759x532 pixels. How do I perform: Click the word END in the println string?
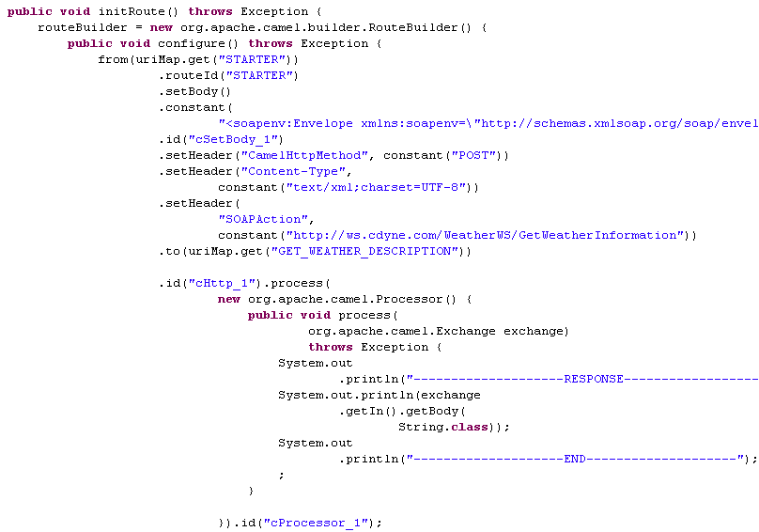click(x=575, y=459)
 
